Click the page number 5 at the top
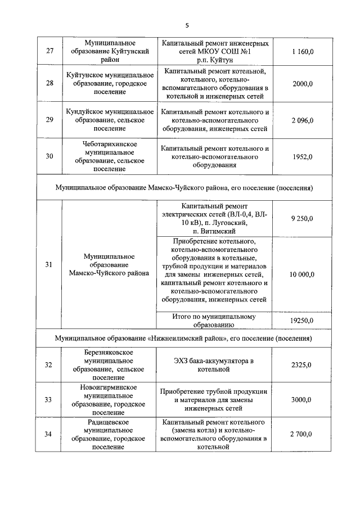[188, 25]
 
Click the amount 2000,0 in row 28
[303, 84]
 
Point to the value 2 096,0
[303, 120]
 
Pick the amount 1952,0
[303, 156]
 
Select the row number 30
[49, 156]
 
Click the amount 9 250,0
[303, 218]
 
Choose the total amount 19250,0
[303, 320]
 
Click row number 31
[49, 264]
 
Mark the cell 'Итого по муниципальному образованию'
[214, 320]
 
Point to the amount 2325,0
[303, 365]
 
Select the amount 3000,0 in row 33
[303, 400]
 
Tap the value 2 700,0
[303, 434]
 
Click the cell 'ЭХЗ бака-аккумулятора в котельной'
[214, 365]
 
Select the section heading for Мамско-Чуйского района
[184, 187]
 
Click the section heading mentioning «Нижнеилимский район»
[184, 339]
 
